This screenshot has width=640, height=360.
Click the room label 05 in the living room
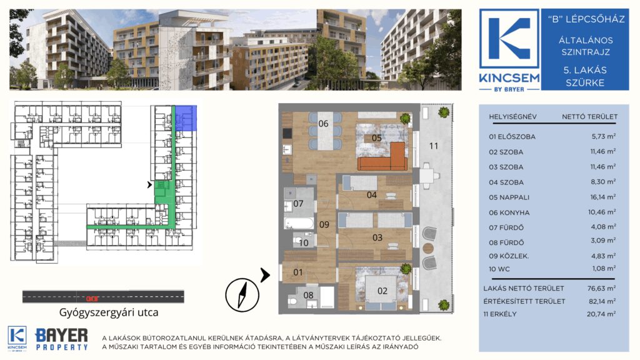point(377,138)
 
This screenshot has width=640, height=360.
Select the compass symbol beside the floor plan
point(242,295)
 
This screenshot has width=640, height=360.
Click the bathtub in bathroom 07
point(299,223)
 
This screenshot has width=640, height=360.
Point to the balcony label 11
point(434,146)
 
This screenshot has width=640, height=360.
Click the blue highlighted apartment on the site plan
point(186,118)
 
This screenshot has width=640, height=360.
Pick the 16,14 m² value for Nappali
point(603,197)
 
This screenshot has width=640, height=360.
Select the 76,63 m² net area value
point(601,288)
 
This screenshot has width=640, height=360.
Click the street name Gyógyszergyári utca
point(109,312)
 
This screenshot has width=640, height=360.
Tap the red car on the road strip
point(92,298)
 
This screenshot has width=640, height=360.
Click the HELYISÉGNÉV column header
point(512,117)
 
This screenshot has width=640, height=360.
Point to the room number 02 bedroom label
point(382,291)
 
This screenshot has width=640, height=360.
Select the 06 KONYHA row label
point(509,212)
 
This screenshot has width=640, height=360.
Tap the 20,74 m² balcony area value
point(601,314)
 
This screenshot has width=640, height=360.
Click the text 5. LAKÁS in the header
point(585,70)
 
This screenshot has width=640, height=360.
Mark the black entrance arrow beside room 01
point(265,275)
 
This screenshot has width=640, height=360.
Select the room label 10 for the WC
point(304,243)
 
